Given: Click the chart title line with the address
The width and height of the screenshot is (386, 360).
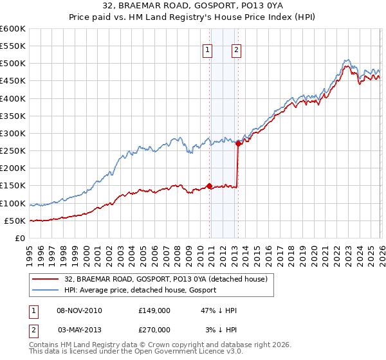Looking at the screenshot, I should pyautogui.click(x=192, y=6).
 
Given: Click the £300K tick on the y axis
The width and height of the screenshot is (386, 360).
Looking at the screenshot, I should pyautogui.click(x=12, y=134).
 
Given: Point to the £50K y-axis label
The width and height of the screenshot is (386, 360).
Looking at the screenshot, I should pyautogui.click(x=14, y=221).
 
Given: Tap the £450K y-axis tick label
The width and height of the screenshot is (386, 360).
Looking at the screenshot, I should pyautogui.click(x=12, y=81).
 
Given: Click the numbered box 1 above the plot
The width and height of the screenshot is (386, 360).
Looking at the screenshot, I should pyautogui.click(x=208, y=51).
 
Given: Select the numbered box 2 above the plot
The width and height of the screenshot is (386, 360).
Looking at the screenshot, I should pyautogui.click(x=237, y=51).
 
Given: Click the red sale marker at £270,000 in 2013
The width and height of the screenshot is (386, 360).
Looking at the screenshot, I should pyautogui.click(x=238, y=144).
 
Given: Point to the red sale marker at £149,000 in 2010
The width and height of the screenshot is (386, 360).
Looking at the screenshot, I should pyautogui.click(x=210, y=186).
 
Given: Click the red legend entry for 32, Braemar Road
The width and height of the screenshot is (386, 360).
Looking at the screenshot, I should pyautogui.click(x=170, y=278).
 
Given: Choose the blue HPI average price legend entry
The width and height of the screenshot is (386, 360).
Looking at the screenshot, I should pyautogui.click(x=140, y=290).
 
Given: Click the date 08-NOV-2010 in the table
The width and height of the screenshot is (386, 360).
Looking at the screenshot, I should pyautogui.click(x=79, y=310).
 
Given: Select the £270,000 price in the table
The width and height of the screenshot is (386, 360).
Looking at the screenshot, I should pyautogui.click(x=154, y=329).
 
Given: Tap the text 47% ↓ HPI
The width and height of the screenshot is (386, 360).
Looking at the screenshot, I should pyautogui.click(x=219, y=310).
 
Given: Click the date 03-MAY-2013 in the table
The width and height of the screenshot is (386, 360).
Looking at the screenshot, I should pyautogui.click(x=79, y=329).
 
